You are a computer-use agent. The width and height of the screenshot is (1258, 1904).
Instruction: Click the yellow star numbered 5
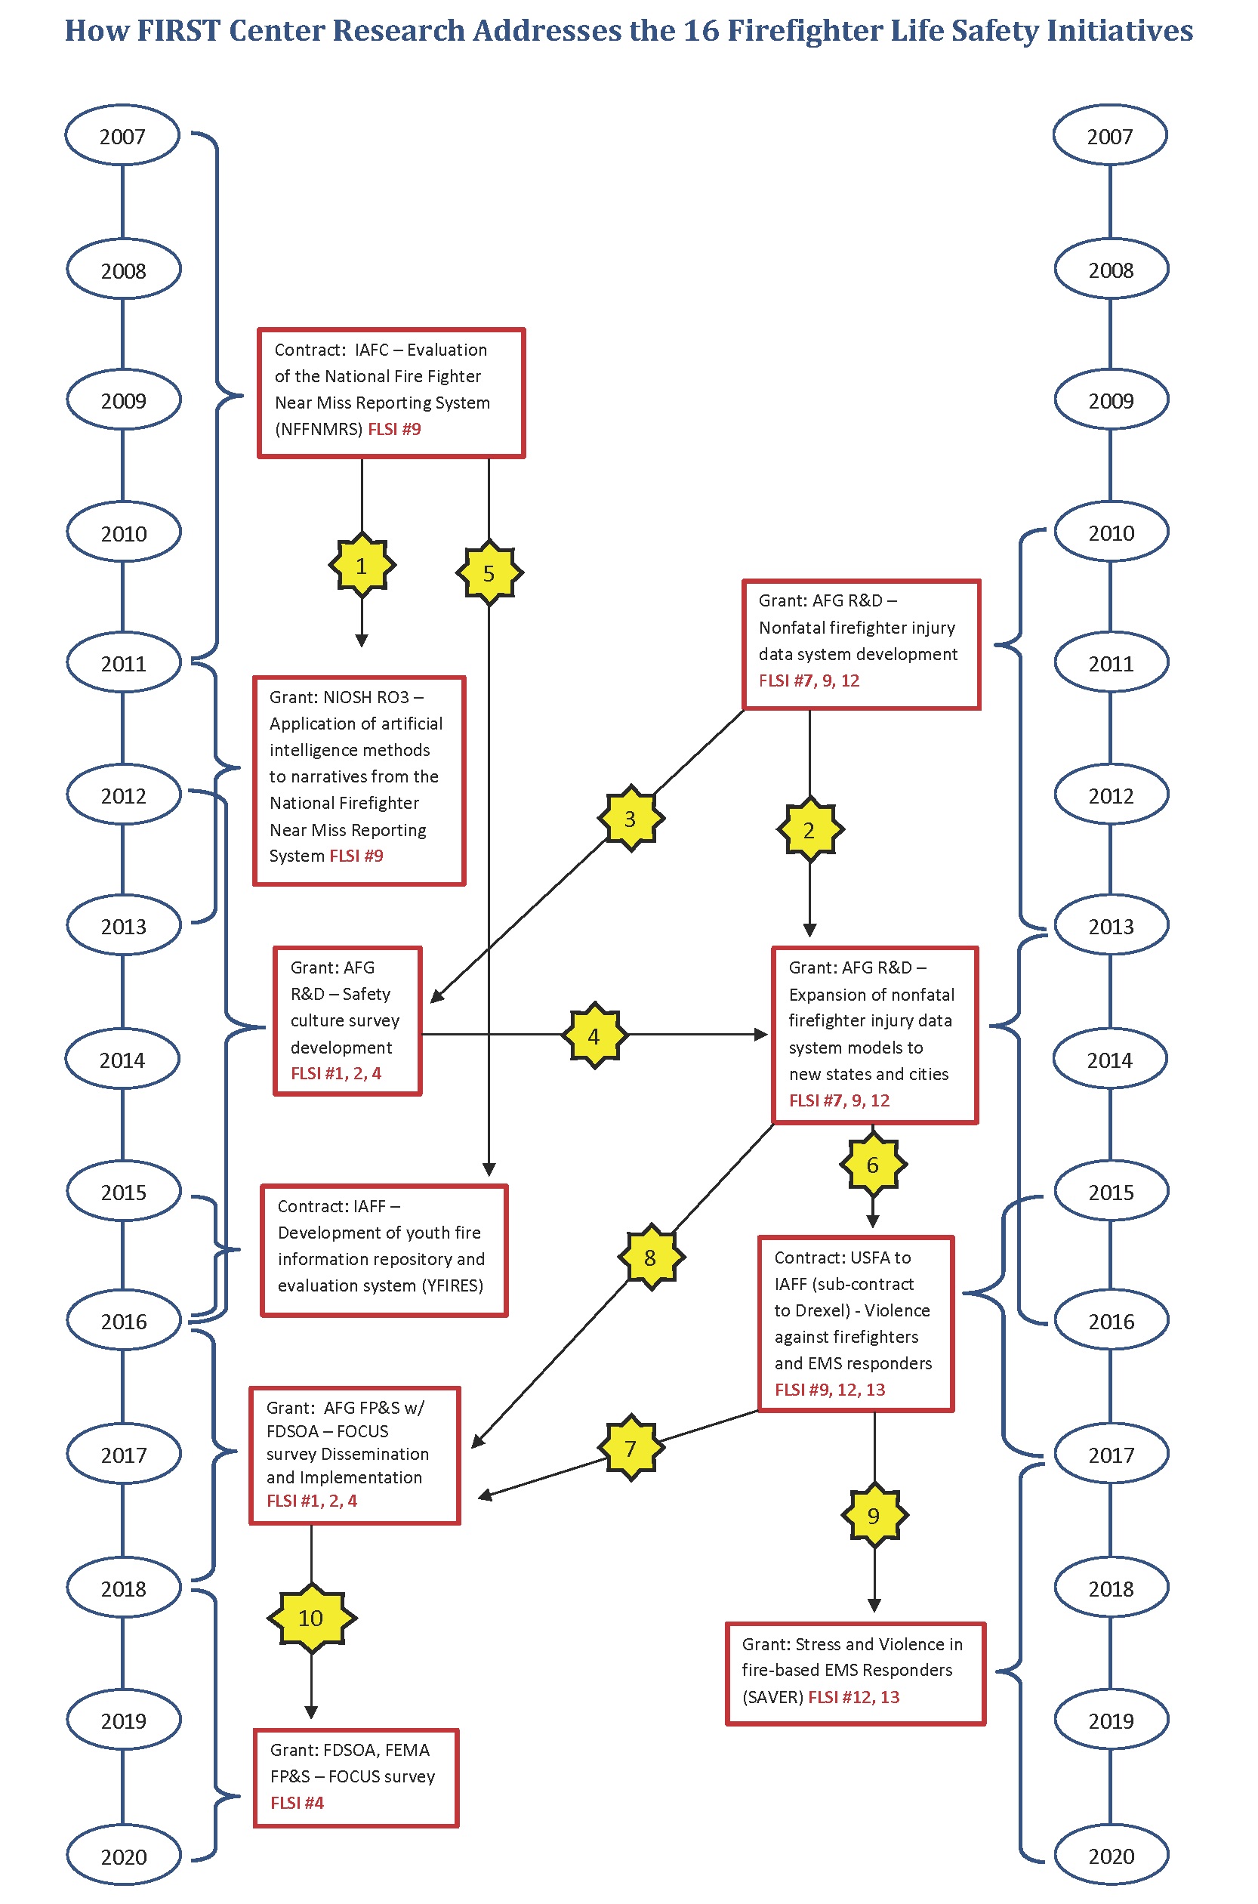pos(489,573)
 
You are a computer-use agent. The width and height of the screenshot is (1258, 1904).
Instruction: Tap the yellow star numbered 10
pos(311,1618)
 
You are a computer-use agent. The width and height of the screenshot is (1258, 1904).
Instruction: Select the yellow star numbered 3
pos(631,819)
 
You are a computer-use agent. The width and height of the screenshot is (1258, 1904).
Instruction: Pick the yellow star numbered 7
pos(631,1448)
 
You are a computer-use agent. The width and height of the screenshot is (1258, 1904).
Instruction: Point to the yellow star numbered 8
pos(651,1258)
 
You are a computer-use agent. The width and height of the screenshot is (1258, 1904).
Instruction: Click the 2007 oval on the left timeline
pos(122,136)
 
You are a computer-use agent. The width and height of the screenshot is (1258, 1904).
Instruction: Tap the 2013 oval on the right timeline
pos(1110,926)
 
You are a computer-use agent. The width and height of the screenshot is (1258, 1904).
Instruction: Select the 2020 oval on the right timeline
pos(1110,1856)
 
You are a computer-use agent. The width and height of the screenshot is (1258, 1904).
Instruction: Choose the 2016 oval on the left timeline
pos(124,1321)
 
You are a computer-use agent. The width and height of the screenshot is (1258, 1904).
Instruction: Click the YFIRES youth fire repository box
pos(384,1250)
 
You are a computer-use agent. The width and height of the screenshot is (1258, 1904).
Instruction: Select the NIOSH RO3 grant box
pos(359,781)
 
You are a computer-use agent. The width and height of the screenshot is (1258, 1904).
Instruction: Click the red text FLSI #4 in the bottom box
pos(297,1803)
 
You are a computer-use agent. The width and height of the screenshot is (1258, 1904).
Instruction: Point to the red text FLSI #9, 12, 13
pos(830,1389)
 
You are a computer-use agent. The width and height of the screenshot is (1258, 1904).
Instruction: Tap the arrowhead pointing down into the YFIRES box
pos(489,1169)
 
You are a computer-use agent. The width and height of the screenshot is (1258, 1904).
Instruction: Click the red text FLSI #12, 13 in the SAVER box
pos(853,1697)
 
